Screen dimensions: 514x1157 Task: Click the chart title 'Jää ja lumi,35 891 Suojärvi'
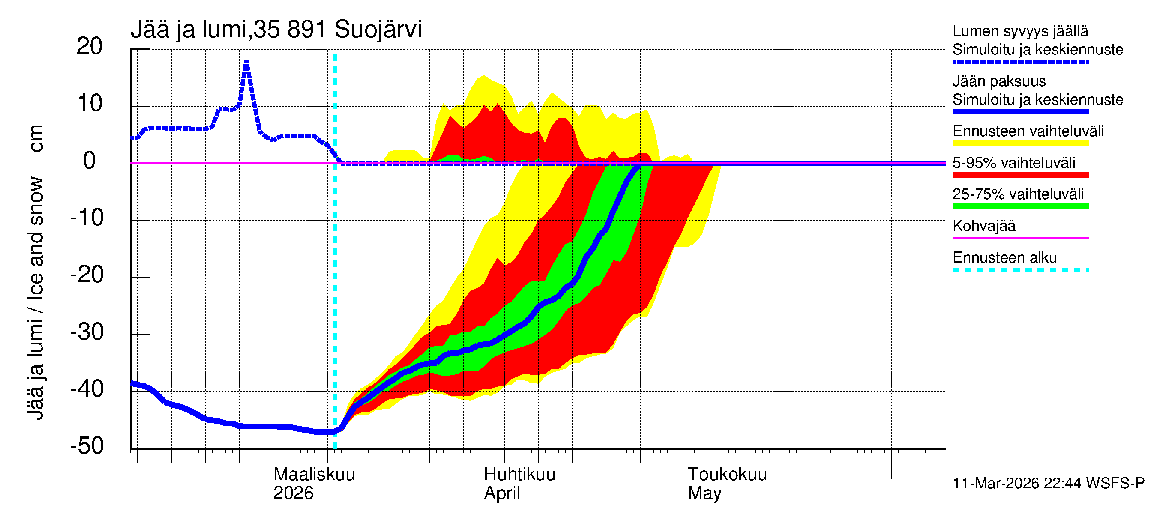pos(276,30)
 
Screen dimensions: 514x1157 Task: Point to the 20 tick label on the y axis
pos(90,46)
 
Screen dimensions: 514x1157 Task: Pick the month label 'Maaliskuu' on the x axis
pos(314,474)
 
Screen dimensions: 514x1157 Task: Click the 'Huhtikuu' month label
pos(519,474)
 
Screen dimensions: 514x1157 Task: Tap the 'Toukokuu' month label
pos(727,474)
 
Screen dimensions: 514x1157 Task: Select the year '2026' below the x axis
pos(293,493)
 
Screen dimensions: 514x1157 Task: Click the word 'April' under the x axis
pos(501,493)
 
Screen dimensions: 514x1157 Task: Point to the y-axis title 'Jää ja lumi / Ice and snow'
pos(36,298)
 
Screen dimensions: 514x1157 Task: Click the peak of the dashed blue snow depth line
pos(246,62)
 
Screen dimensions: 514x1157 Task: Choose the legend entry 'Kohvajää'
pos(983,226)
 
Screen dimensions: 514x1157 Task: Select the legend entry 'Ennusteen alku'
pos(1004,258)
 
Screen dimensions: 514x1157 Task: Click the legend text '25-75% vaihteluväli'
pos(1018,194)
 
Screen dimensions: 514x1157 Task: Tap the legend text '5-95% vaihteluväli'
pos(1013,162)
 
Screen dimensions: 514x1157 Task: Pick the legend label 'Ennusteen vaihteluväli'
pos(1028,131)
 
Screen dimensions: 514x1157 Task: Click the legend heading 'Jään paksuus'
pos(999,81)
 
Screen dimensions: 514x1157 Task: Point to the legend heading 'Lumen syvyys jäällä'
pos(1020,31)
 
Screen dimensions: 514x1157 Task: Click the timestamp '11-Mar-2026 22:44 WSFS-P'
pos(1048,483)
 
